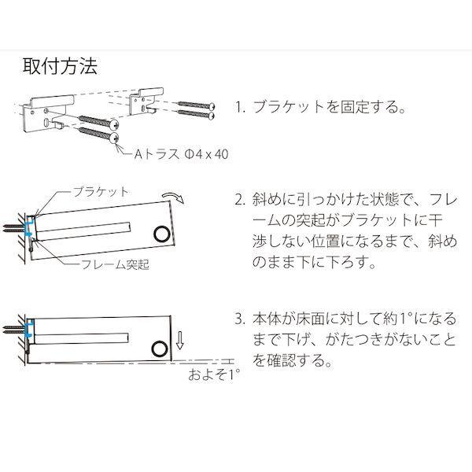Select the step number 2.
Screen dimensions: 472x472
(240, 199)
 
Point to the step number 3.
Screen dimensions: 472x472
(240, 320)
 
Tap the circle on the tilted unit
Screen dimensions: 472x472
(162, 234)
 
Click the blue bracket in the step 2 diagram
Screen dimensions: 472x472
(28, 228)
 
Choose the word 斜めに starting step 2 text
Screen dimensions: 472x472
(271, 199)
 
